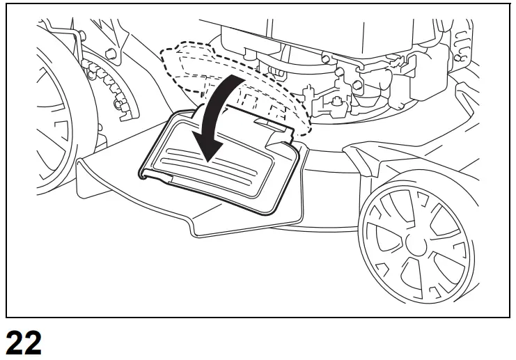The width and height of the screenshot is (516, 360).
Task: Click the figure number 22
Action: click(23, 344)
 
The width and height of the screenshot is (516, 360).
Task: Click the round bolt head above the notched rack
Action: click(110, 54)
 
